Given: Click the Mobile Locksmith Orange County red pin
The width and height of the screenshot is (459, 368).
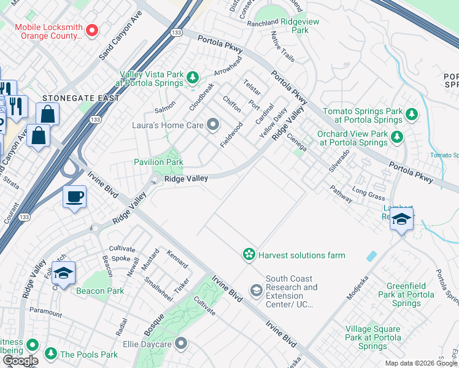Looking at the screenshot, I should click(93, 30).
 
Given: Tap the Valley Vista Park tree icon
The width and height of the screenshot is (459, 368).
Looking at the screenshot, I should click(193, 77).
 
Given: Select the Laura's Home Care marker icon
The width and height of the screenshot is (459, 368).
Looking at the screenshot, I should click(213, 125).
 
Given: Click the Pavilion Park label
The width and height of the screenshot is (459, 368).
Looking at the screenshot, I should click(158, 162).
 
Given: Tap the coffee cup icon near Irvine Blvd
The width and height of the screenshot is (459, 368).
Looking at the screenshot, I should click(75, 197).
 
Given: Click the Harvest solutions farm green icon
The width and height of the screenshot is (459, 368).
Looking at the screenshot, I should click(249, 254).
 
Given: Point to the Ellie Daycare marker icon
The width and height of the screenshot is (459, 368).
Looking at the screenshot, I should click(180, 343).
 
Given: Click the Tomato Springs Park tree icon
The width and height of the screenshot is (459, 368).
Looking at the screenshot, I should click(412, 114).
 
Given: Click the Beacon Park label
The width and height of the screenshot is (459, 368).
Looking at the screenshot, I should click(99, 291).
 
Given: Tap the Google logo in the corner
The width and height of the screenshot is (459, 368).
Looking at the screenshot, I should click(20, 361).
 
